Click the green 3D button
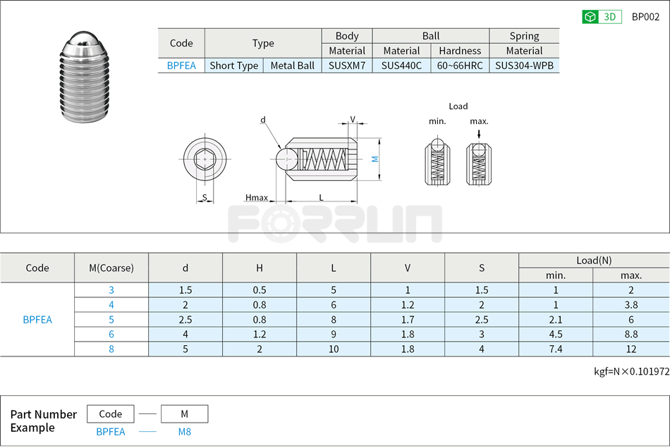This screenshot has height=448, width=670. (601, 17)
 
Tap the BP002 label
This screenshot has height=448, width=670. (645, 17)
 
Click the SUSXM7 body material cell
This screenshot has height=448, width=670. (347, 66)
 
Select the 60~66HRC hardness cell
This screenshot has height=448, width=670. (460, 66)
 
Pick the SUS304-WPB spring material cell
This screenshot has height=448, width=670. (524, 66)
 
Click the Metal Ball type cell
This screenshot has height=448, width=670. (292, 66)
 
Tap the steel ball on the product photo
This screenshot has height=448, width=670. (83, 42)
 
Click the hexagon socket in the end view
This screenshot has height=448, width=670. (205, 160)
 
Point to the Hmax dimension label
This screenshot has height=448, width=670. (257, 198)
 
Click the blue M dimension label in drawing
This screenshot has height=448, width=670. (376, 159)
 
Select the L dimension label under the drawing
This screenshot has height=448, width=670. (321, 198)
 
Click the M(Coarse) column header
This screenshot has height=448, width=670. (111, 268)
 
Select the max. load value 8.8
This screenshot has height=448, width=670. (631, 335)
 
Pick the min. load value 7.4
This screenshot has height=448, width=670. (556, 349)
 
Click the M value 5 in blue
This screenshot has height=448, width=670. (111, 320)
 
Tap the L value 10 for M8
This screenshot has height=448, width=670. (334, 349)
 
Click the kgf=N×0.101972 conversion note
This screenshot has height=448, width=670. (631, 372)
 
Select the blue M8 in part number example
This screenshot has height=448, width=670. (184, 432)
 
